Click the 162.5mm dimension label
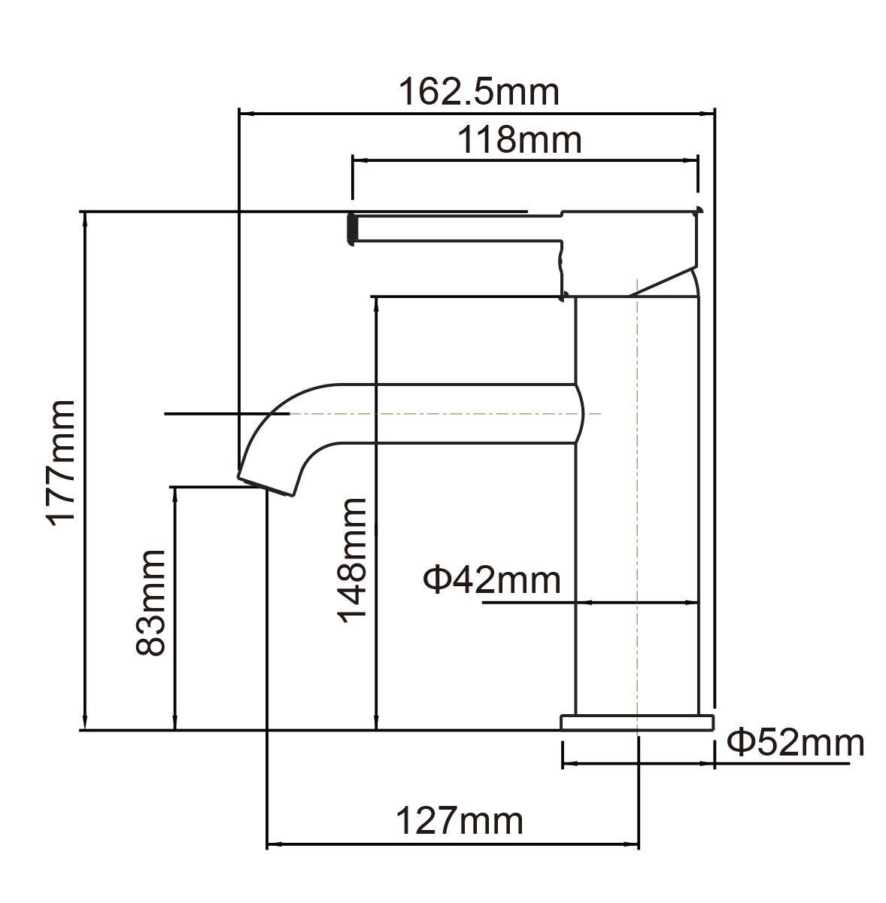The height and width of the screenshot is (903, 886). click(x=478, y=92)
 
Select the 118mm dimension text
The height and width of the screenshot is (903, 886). click(x=521, y=140)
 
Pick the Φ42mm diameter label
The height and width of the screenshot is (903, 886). click(x=492, y=580)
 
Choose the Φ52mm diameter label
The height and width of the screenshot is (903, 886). click(x=795, y=743)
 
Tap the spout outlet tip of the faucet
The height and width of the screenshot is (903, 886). click(x=266, y=485)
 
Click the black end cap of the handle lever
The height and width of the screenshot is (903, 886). click(x=350, y=227)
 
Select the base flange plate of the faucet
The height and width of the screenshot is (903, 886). click(x=636, y=722)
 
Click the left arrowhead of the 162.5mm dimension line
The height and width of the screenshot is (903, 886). click(x=245, y=114)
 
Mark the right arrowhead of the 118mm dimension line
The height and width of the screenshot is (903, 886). click(x=693, y=160)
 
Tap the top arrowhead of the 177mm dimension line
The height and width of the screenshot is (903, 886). click(x=85, y=218)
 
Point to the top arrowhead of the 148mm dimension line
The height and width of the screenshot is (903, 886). click(x=375, y=303)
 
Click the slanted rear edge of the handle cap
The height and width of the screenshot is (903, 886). click(x=662, y=279)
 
